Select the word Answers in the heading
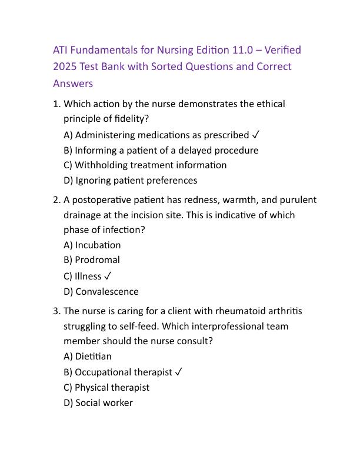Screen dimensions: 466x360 click(73, 83)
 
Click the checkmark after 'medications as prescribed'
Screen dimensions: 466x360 click(255, 135)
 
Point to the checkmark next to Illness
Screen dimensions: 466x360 click(108, 276)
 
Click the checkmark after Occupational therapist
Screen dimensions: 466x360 click(179, 372)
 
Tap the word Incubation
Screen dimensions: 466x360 click(98, 245)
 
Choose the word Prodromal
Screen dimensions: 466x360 click(97, 260)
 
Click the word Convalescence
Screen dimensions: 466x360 click(107, 291)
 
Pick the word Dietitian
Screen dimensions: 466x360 click(93, 356)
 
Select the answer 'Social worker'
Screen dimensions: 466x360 click(104, 403)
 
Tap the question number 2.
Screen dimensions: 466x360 click(56, 200)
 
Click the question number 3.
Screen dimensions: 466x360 click(56, 311)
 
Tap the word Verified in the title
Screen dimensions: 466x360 click(283, 50)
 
